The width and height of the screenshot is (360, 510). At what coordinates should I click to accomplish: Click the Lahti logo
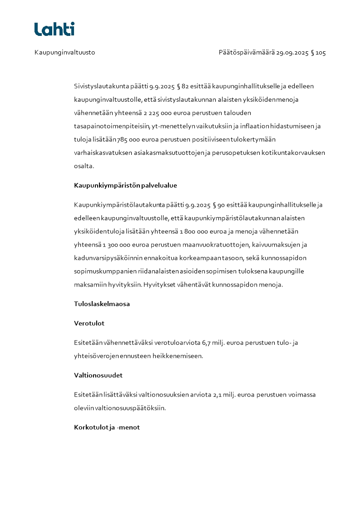(54, 29)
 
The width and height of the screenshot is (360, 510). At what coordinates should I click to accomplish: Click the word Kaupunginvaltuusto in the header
(64, 53)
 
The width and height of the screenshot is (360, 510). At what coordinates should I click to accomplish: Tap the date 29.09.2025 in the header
(292, 53)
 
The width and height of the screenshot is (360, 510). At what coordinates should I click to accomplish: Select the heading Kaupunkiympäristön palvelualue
(125, 185)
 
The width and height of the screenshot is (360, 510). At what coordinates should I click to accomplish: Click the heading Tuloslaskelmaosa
(102, 304)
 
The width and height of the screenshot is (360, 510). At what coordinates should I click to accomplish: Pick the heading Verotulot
(89, 323)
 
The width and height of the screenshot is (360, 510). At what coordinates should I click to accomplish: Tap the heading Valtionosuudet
(98, 375)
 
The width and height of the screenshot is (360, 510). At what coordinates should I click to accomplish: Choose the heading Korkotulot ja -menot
(107, 427)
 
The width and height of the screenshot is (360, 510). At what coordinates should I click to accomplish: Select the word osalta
(84, 166)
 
